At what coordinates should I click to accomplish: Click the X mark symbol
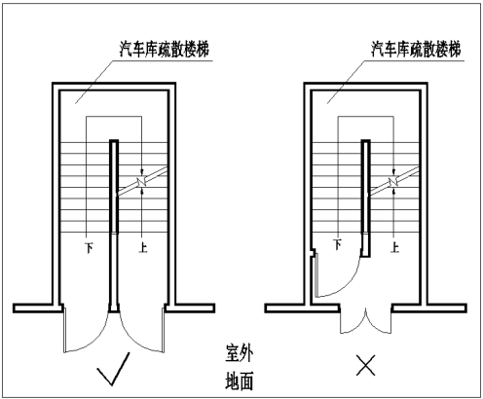tap(366, 365)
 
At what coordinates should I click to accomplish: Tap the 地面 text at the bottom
tap(240, 381)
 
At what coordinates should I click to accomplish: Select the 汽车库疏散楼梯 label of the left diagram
tap(165, 50)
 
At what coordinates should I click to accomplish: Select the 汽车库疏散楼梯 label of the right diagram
tap(416, 50)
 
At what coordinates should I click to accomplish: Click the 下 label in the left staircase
tap(89, 248)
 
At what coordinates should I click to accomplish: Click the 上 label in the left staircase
tap(143, 248)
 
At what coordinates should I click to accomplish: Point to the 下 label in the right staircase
tap(338, 245)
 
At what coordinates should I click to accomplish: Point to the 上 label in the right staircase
tap(394, 248)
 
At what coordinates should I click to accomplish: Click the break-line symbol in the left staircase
tap(142, 182)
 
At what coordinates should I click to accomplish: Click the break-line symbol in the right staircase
tap(393, 182)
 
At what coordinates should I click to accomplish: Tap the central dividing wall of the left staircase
tap(114, 226)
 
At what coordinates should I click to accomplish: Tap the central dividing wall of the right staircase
tap(366, 199)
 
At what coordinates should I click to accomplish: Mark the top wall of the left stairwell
tap(114, 87)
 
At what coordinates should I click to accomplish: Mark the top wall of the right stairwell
tap(366, 87)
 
